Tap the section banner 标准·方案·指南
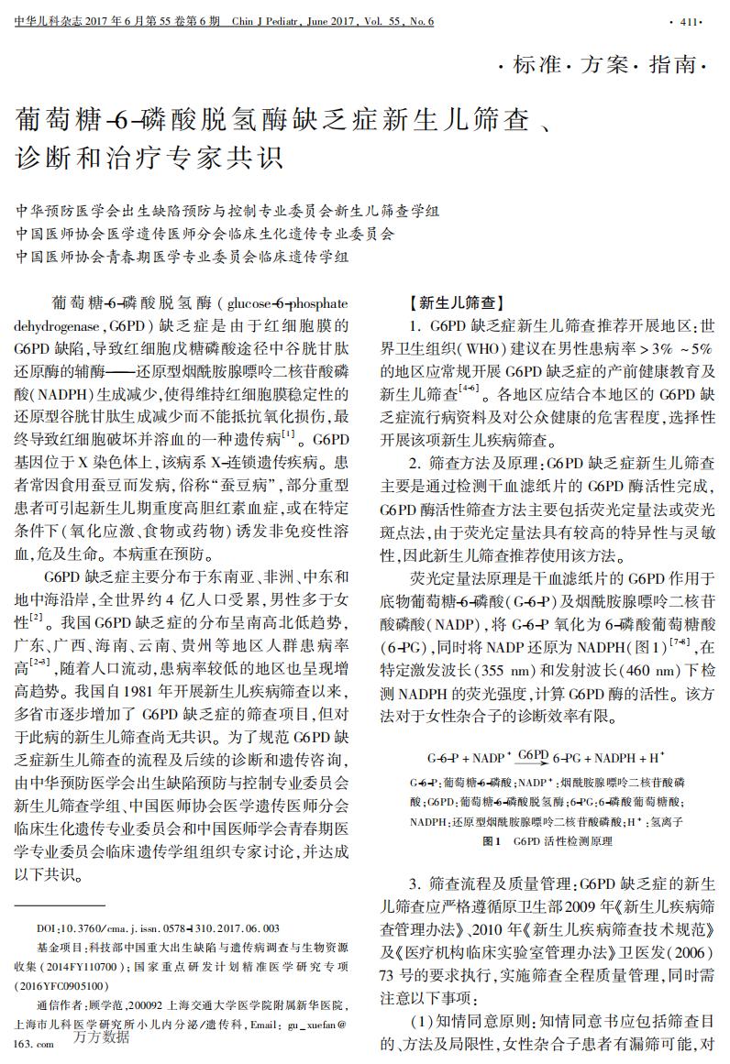pos(602,65)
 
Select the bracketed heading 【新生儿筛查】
pos(457,302)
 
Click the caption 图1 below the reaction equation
pos(492,840)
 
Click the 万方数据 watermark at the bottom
pos(103,1037)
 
